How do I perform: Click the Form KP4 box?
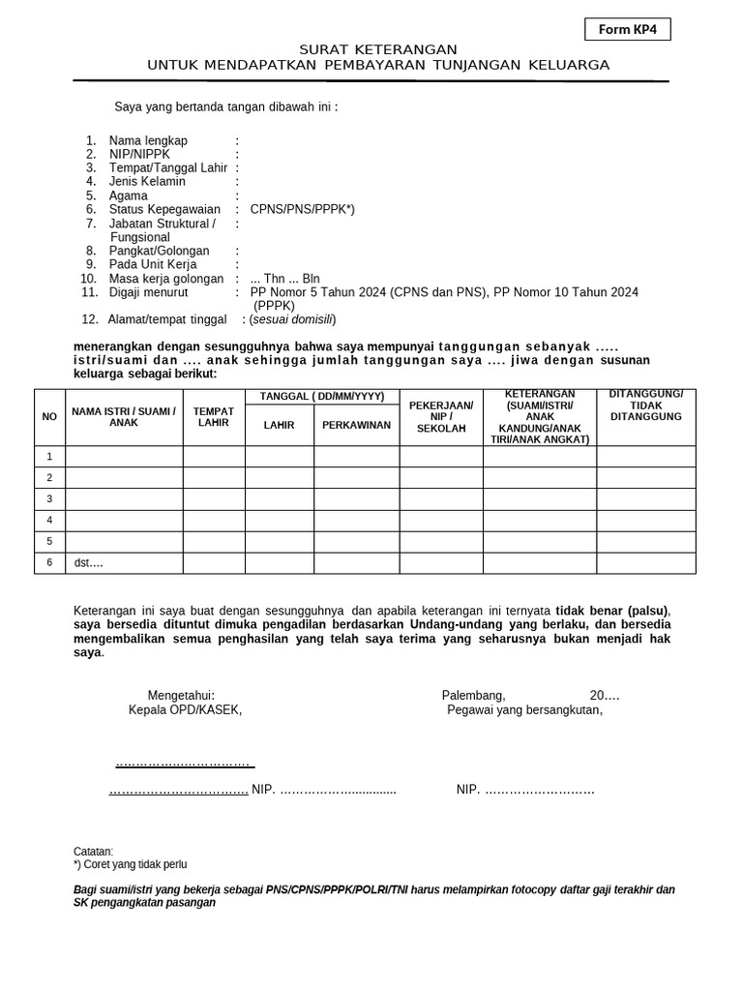pyautogui.click(x=627, y=30)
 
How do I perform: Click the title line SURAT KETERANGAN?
pyautogui.click(x=377, y=49)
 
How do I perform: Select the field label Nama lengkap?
pyautogui.click(x=148, y=140)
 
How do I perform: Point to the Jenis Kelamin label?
pyautogui.click(x=147, y=181)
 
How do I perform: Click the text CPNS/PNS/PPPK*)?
pyautogui.click(x=302, y=209)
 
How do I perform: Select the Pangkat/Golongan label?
pyautogui.click(x=159, y=251)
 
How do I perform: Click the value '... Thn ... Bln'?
pyautogui.click(x=284, y=279)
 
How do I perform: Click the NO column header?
pyautogui.click(x=49, y=417)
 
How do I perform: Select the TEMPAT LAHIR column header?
pyautogui.click(x=214, y=417)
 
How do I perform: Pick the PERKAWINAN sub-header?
pyautogui.click(x=356, y=425)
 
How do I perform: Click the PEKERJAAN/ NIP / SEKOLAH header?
pyautogui.click(x=441, y=416)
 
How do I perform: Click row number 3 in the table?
pyautogui.click(x=49, y=498)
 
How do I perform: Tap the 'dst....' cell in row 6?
pyautogui.click(x=89, y=562)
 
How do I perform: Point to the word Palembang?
pyautogui.click(x=473, y=695)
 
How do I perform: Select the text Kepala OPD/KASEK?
pyautogui.click(x=185, y=709)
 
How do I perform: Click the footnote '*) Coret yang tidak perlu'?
pyautogui.click(x=131, y=864)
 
